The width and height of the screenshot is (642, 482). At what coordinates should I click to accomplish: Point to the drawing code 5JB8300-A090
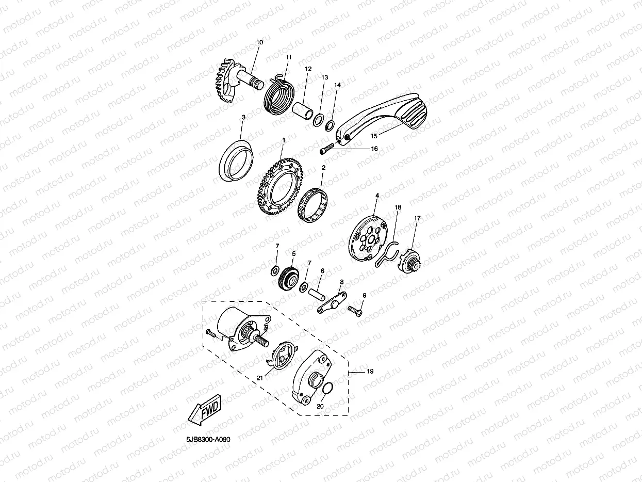tap(208, 439)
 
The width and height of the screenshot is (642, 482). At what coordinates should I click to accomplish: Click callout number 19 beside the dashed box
tap(370, 371)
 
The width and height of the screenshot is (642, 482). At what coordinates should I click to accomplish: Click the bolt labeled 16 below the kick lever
tap(326, 149)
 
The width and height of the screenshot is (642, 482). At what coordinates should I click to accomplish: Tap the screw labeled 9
tap(355, 311)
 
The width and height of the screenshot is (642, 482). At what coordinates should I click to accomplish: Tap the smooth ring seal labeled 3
tap(236, 160)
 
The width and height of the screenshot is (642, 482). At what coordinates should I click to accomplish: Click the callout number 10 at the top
tap(259, 42)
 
